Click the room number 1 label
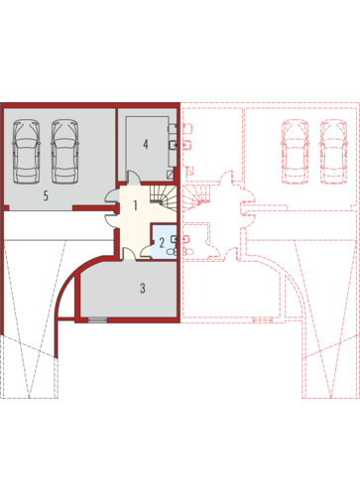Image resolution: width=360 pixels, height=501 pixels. click(135, 205)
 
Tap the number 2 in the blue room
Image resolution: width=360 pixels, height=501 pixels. click(162, 243)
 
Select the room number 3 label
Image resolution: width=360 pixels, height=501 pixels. click(143, 288)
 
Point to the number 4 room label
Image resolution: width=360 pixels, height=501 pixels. click(146, 144)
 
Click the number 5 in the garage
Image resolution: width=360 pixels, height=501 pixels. click(46, 195)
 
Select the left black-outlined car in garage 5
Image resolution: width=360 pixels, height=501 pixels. click(26, 152)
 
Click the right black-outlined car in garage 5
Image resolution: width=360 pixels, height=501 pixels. click(64, 152)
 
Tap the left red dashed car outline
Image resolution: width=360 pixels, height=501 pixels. click(295, 152)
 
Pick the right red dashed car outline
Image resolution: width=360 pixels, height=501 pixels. click(333, 152)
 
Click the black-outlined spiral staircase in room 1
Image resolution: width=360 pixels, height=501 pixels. click(163, 195)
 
